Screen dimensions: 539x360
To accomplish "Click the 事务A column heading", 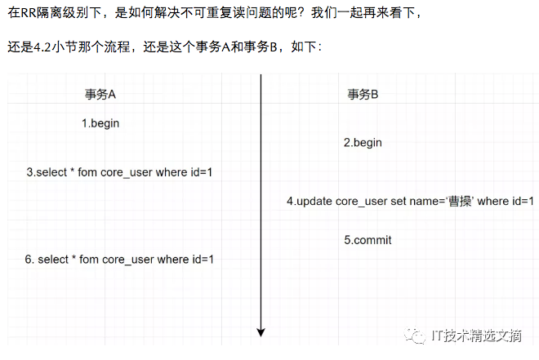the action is pos(100,94).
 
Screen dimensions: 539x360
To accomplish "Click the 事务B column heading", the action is pos(363,94).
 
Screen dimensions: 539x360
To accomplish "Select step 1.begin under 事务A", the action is pos(101,123).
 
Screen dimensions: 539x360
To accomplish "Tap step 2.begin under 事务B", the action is pos(363,143).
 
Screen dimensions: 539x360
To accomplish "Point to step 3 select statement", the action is pos(119,172).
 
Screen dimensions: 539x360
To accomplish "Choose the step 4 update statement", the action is pos(410,201).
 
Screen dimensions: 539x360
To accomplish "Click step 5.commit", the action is pos(367,240).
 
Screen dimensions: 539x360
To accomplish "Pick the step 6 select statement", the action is pos(119,260).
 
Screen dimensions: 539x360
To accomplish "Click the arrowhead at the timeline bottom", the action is pos(261,331).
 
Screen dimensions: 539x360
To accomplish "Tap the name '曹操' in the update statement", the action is pos(458,201).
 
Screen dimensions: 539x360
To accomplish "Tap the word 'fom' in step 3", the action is pos(87,172).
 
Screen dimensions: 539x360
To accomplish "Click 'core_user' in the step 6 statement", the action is pos(128,260).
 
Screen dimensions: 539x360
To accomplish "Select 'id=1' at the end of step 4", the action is pos(523,201).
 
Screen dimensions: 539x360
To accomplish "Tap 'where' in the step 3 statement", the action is pos(172,172).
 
